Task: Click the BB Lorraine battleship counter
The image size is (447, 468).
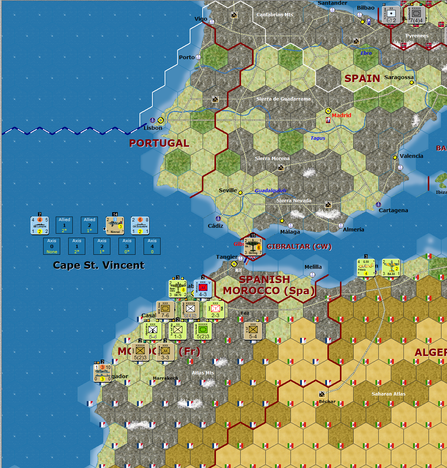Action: pos(40,225)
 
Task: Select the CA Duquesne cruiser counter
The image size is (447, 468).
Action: pos(140,225)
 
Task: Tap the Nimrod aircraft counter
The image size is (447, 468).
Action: pos(115,225)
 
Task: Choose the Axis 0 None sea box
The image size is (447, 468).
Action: pos(52,246)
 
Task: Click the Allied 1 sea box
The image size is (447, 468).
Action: pos(64,225)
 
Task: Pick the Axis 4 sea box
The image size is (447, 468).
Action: pos(152,246)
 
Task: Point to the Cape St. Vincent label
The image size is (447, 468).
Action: pos(99,265)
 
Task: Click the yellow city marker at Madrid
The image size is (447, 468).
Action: pos(328,111)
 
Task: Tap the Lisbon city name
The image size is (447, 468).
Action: pos(153,128)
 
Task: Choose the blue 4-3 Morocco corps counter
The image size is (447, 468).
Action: pos(203,289)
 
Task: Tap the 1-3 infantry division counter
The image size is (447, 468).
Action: pos(178,330)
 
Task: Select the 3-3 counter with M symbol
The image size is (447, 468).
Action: pos(165,352)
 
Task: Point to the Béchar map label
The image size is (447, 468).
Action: pos(327,401)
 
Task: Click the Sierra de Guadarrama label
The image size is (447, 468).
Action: pos(283,99)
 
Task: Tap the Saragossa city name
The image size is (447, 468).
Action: pos(399,77)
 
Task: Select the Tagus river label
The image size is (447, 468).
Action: pos(318,138)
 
